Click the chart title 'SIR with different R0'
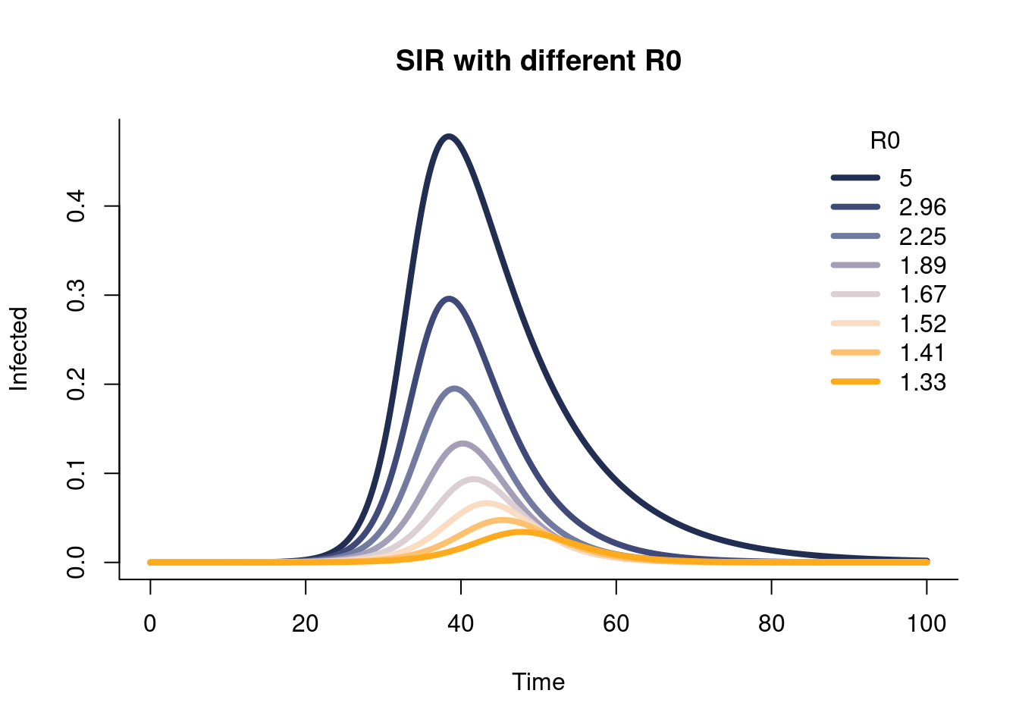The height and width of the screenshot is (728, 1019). click(x=538, y=61)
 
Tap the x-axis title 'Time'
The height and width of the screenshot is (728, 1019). click(x=538, y=682)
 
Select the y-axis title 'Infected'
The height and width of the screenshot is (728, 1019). click(x=19, y=349)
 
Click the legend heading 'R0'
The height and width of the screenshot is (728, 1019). click(x=885, y=141)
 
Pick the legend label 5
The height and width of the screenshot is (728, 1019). click(x=906, y=178)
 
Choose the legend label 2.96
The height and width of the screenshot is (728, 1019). click(x=923, y=207)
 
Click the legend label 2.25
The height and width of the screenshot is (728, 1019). click(x=923, y=237)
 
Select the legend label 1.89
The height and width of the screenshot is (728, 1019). click(x=923, y=265)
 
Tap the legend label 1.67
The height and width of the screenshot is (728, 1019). click(x=923, y=294)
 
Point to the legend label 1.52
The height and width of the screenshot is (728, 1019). click(x=923, y=324)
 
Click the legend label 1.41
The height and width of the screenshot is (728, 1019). click(x=923, y=353)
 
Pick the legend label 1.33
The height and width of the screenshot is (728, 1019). click(x=923, y=382)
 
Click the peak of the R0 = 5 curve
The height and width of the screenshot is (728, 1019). click(x=449, y=136)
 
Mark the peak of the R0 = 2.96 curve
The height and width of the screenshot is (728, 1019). click(x=450, y=299)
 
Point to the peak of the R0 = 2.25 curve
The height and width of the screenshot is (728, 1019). click(x=455, y=388)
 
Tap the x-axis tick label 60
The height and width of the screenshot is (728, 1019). click(x=616, y=623)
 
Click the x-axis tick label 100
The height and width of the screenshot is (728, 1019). click(x=927, y=623)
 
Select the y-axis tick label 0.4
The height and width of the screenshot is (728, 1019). click(x=76, y=206)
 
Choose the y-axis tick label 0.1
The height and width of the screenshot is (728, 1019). click(x=76, y=473)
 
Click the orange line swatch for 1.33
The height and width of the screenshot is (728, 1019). click(x=856, y=382)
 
